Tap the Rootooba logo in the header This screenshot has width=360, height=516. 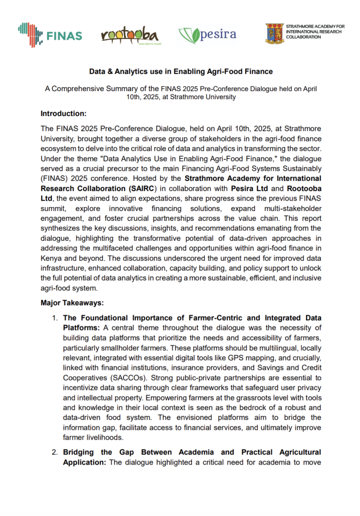129,35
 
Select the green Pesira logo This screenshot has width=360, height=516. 207,36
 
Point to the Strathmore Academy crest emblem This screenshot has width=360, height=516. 274,33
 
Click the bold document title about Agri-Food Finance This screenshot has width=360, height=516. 181,72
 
